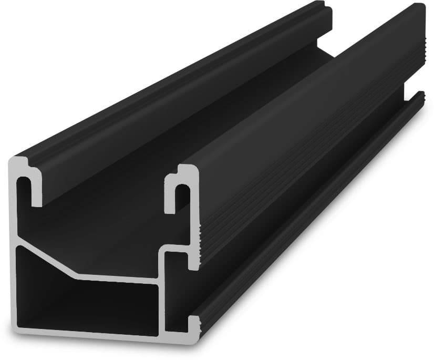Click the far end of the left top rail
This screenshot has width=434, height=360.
pos(326,11)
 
